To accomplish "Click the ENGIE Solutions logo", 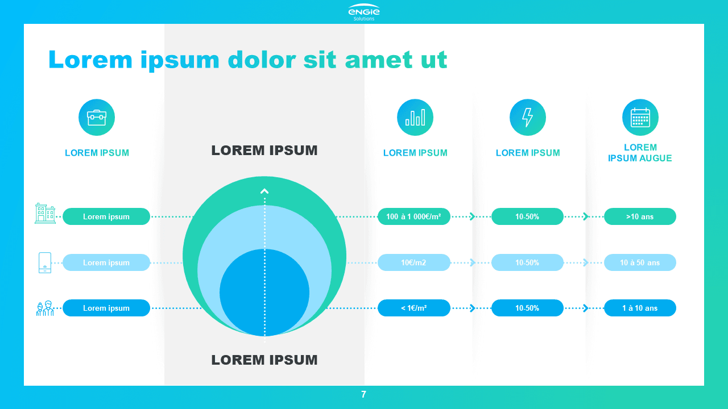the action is [364, 12].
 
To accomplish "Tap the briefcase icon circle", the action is [97, 117].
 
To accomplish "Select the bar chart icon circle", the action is [415, 117].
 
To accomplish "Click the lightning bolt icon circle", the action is [528, 117].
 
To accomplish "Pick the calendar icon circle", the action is [640, 117].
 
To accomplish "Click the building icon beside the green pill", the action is [45, 214].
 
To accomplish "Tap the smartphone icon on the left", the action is [45, 262].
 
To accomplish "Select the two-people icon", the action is [45, 308].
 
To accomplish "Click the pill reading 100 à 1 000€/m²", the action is [413, 216].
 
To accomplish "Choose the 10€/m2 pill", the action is [413, 262].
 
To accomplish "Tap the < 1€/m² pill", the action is [413, 308].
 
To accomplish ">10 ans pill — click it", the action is [640, 216].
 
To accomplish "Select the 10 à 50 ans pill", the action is [640, 262].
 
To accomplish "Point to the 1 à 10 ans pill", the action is [640, 308].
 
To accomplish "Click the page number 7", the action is [363, 394].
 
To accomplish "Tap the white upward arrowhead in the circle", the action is [264, 191].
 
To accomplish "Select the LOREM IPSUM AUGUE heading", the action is [640, 153].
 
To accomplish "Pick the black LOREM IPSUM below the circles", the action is [264, 360].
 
